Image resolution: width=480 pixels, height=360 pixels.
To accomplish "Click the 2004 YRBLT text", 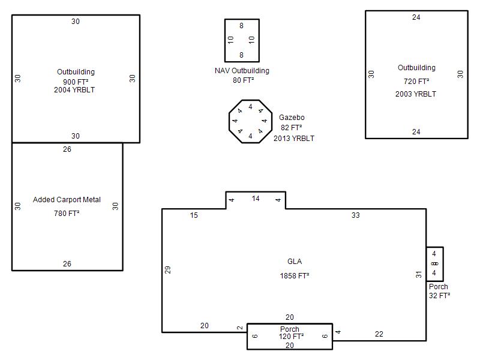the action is tap(74, 90).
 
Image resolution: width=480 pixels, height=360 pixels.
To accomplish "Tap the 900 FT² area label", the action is tap(76, 82).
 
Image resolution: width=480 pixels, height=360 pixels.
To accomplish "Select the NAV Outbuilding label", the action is tap(242, 71).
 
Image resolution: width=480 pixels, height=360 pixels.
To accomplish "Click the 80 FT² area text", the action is tap(243, 80).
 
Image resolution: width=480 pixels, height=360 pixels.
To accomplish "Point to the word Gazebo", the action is tap(292, 117).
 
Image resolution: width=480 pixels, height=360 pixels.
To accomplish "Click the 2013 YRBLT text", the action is tap(294, 139).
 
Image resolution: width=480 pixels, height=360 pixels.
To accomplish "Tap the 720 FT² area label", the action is tap(416, 81).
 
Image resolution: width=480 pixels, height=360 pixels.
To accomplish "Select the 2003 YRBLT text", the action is tap(416, 94).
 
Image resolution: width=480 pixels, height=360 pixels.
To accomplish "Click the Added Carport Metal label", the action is tap(67, 200).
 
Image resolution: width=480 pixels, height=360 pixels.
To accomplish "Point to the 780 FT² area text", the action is tap(67, 213).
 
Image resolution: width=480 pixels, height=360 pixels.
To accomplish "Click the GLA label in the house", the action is tap(295, 262).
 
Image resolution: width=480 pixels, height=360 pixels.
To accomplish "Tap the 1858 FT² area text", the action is tap(295, 275).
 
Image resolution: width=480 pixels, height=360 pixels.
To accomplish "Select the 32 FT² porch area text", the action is tap(440, 295).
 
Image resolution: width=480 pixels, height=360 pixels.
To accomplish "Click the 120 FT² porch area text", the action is tap(291, 337).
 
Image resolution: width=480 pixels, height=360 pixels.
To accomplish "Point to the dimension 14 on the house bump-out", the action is tap(256, 199).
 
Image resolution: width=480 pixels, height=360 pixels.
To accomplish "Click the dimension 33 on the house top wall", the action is tap(355, 215).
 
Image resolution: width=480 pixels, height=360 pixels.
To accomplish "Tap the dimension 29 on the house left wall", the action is tap(167, 269).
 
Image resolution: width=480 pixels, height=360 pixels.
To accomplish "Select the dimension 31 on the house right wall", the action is tap(418, 275).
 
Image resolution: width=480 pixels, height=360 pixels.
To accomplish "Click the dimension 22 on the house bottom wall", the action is tap(379, 334).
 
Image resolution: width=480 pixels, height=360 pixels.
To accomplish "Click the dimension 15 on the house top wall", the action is tap(194, 215).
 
